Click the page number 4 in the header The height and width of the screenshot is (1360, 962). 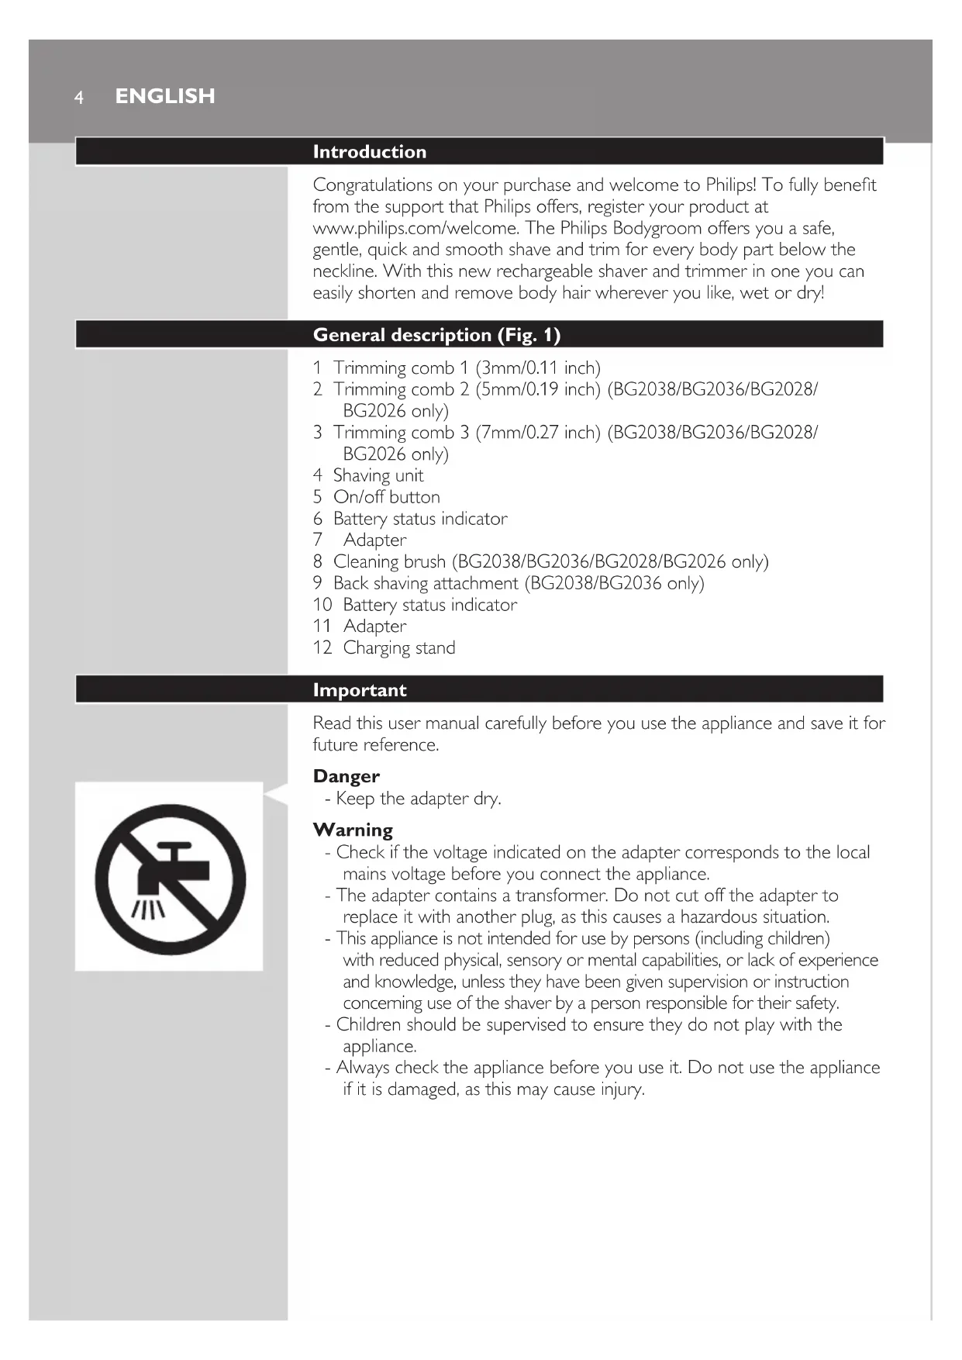coord(78,98)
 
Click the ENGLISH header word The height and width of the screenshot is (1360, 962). coord(165,96)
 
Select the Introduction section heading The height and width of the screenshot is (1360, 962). coord(369,152)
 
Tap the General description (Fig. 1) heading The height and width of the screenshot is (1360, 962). coord(436,335)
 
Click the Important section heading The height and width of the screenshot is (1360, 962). coord(360,690)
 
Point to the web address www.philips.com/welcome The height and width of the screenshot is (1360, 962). coord(415,228)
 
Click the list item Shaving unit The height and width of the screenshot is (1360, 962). coord(378,475)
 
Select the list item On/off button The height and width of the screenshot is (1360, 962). coord(386,497)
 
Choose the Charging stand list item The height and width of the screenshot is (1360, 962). coord(398,647)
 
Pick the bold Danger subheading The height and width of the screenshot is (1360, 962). coord(346,776)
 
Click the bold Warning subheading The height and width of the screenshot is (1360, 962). coord(353,830)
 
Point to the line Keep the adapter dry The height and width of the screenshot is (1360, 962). coord(418,799)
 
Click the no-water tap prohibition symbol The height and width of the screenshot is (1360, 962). coord(170,878)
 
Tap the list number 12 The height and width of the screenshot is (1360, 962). coord(322,647)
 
